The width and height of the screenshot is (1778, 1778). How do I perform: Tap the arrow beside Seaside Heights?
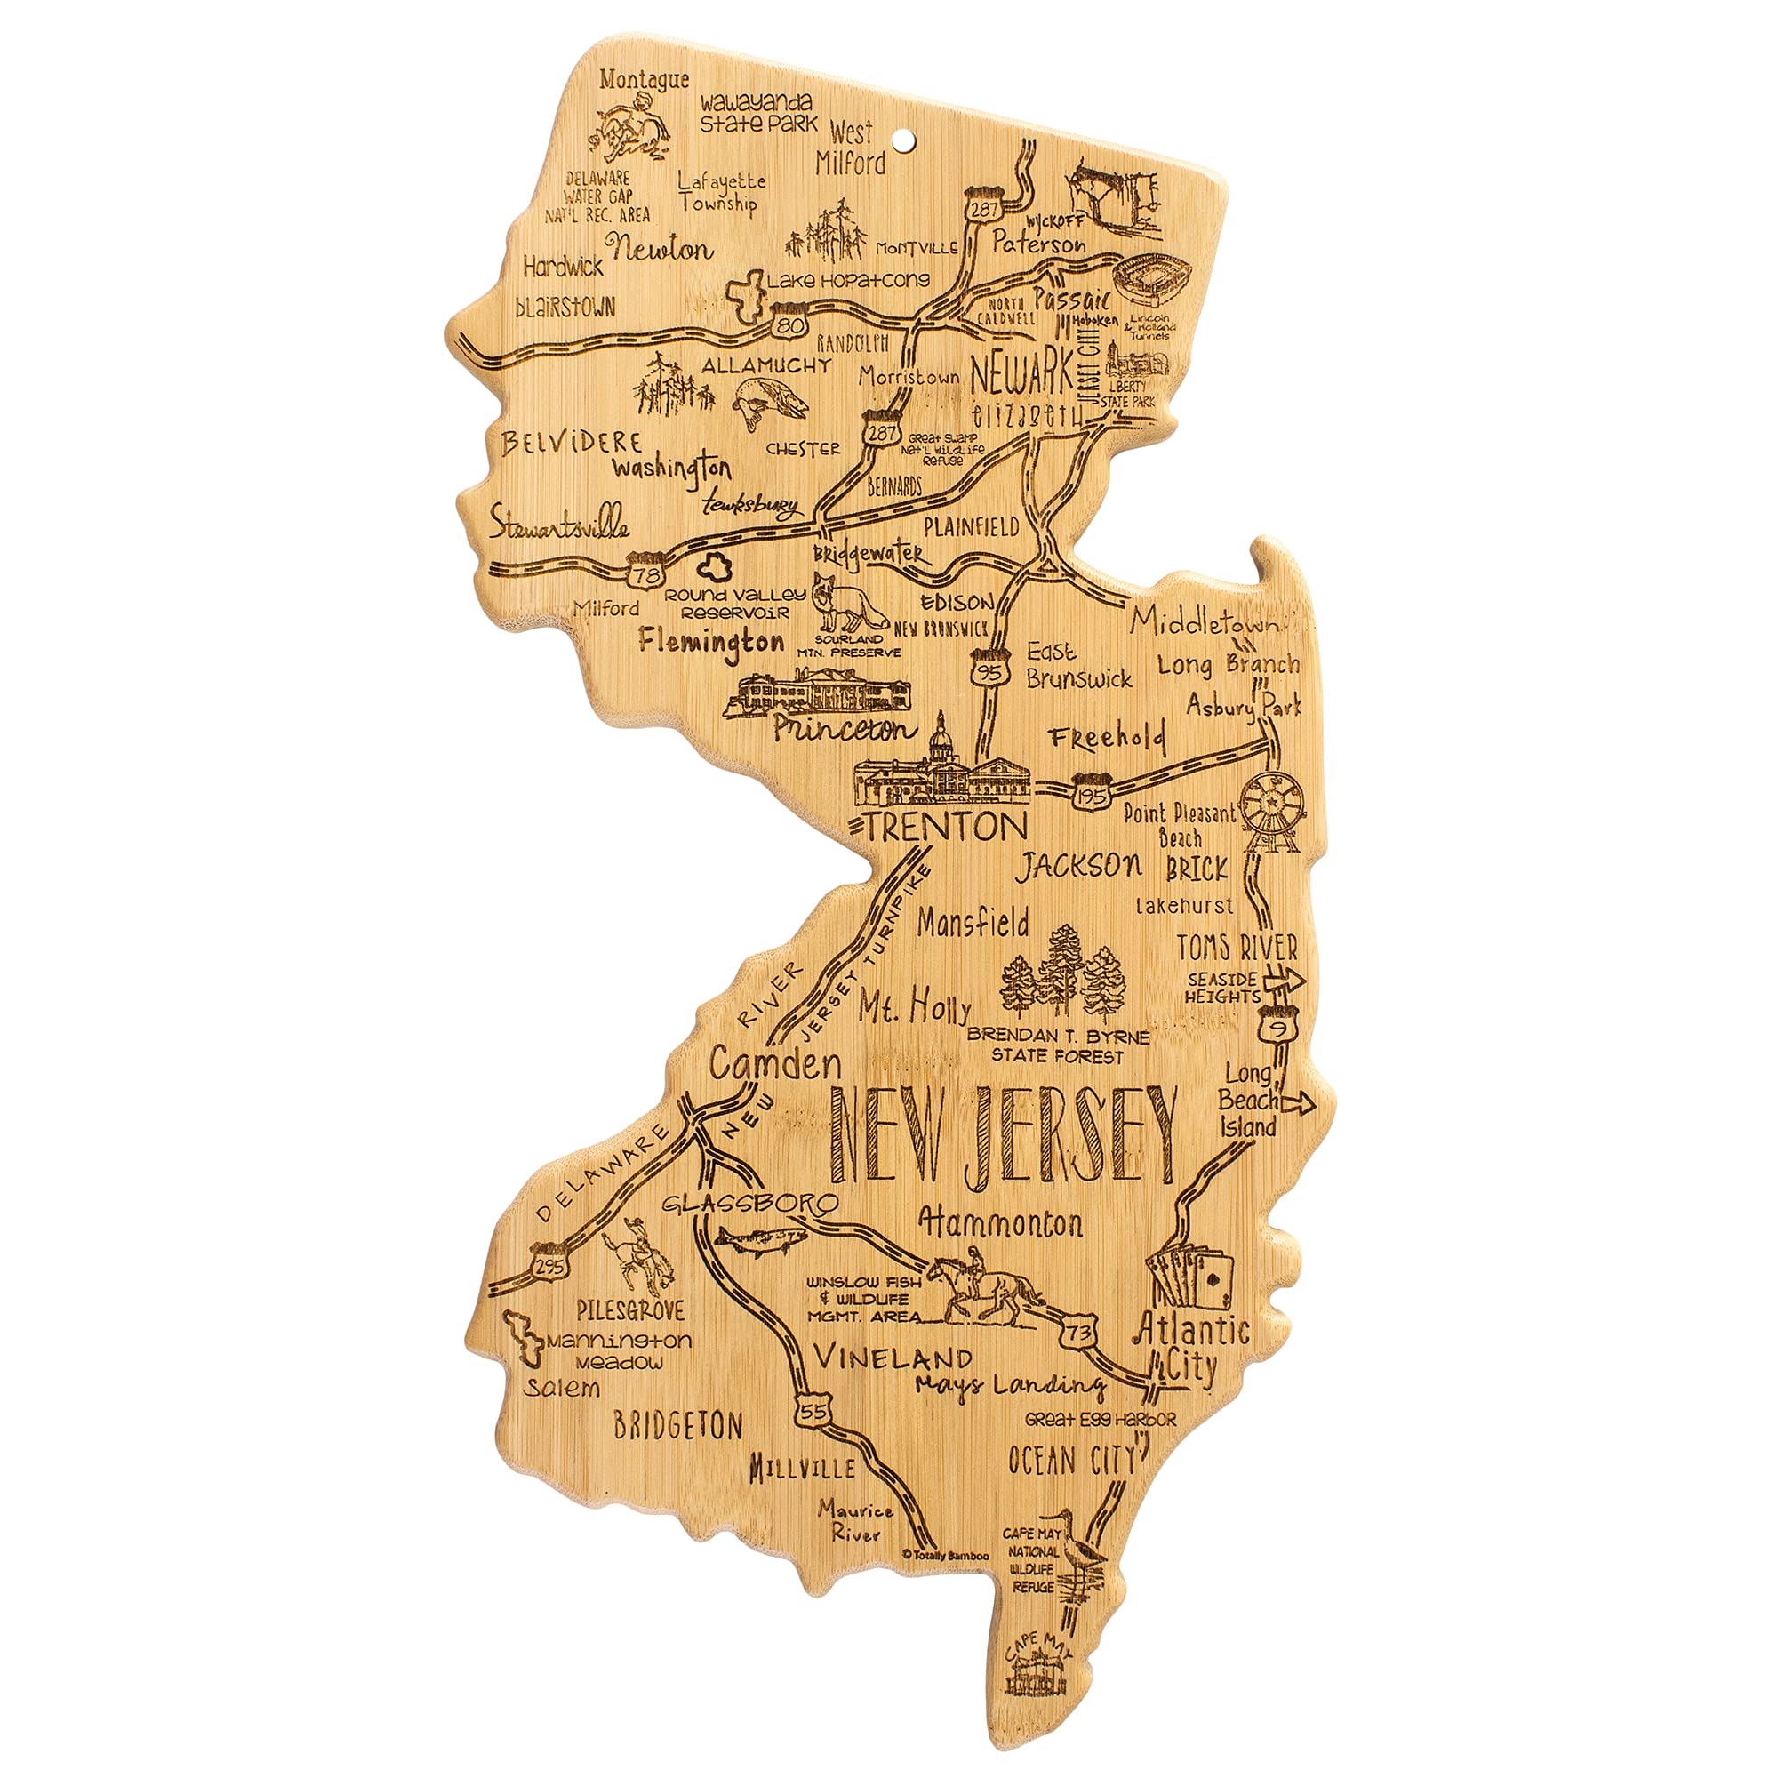1285,982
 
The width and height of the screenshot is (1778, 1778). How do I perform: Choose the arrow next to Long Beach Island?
1297,1105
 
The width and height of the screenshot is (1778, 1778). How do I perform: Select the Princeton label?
845,728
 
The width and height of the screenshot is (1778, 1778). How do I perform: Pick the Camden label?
775,1065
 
